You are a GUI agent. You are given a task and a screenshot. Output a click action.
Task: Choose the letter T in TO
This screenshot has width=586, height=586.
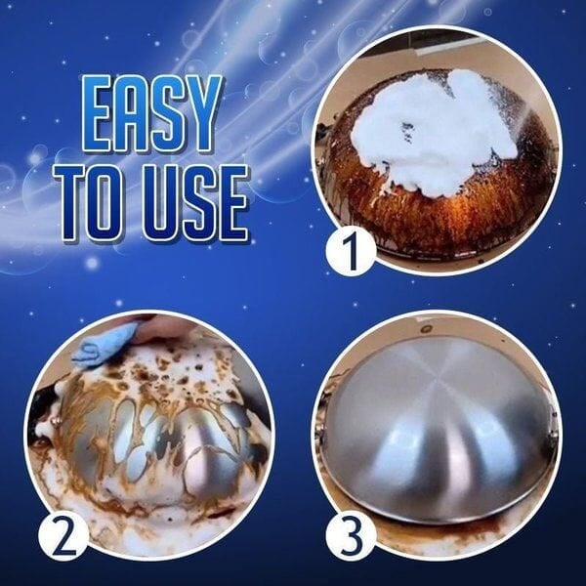point(70,204)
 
